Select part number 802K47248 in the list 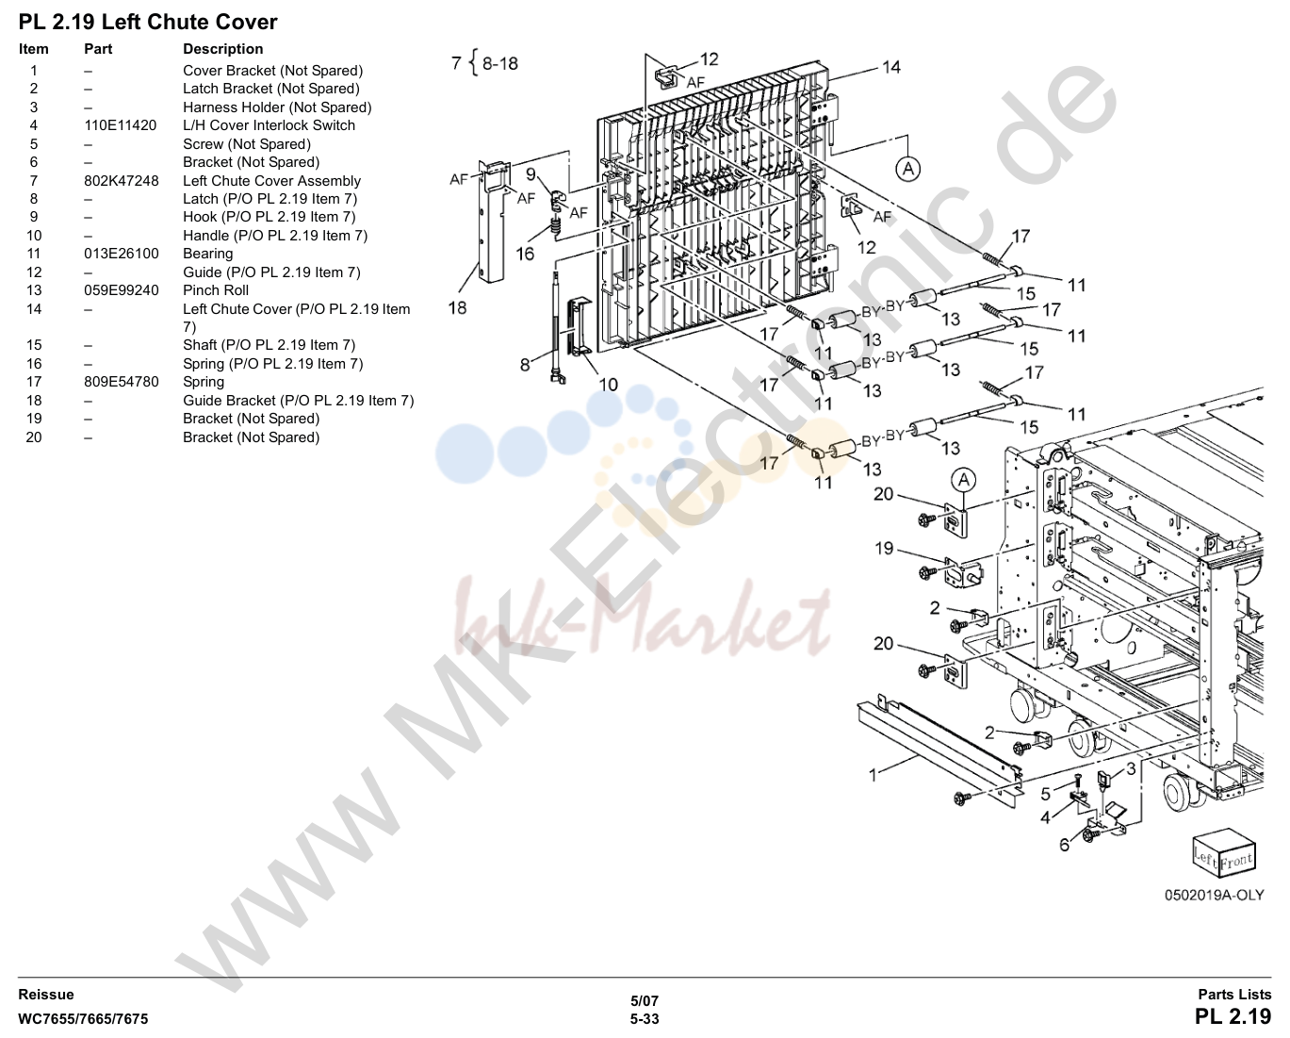coord(122,180)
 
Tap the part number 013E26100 coord(122,254)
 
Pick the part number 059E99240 coord(122,290)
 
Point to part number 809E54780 coord(122,382)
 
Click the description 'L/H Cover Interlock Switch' coord(269,125)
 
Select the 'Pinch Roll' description coord(215,290)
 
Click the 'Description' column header coord(223,49)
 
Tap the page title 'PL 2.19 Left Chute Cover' coord(148,23)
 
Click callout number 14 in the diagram coord(890,67)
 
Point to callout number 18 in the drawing coord(457,308)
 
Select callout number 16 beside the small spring coord(525,255)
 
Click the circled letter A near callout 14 coord(908,169)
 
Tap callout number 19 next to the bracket coord(884,548)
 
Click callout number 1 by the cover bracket coord(873,776)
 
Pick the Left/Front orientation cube coord(1223,854)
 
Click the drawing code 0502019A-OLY coord(1214,896)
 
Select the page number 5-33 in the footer coord(645,1019)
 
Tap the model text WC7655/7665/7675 coord(83,1019)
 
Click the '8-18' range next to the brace coord(500,63)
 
